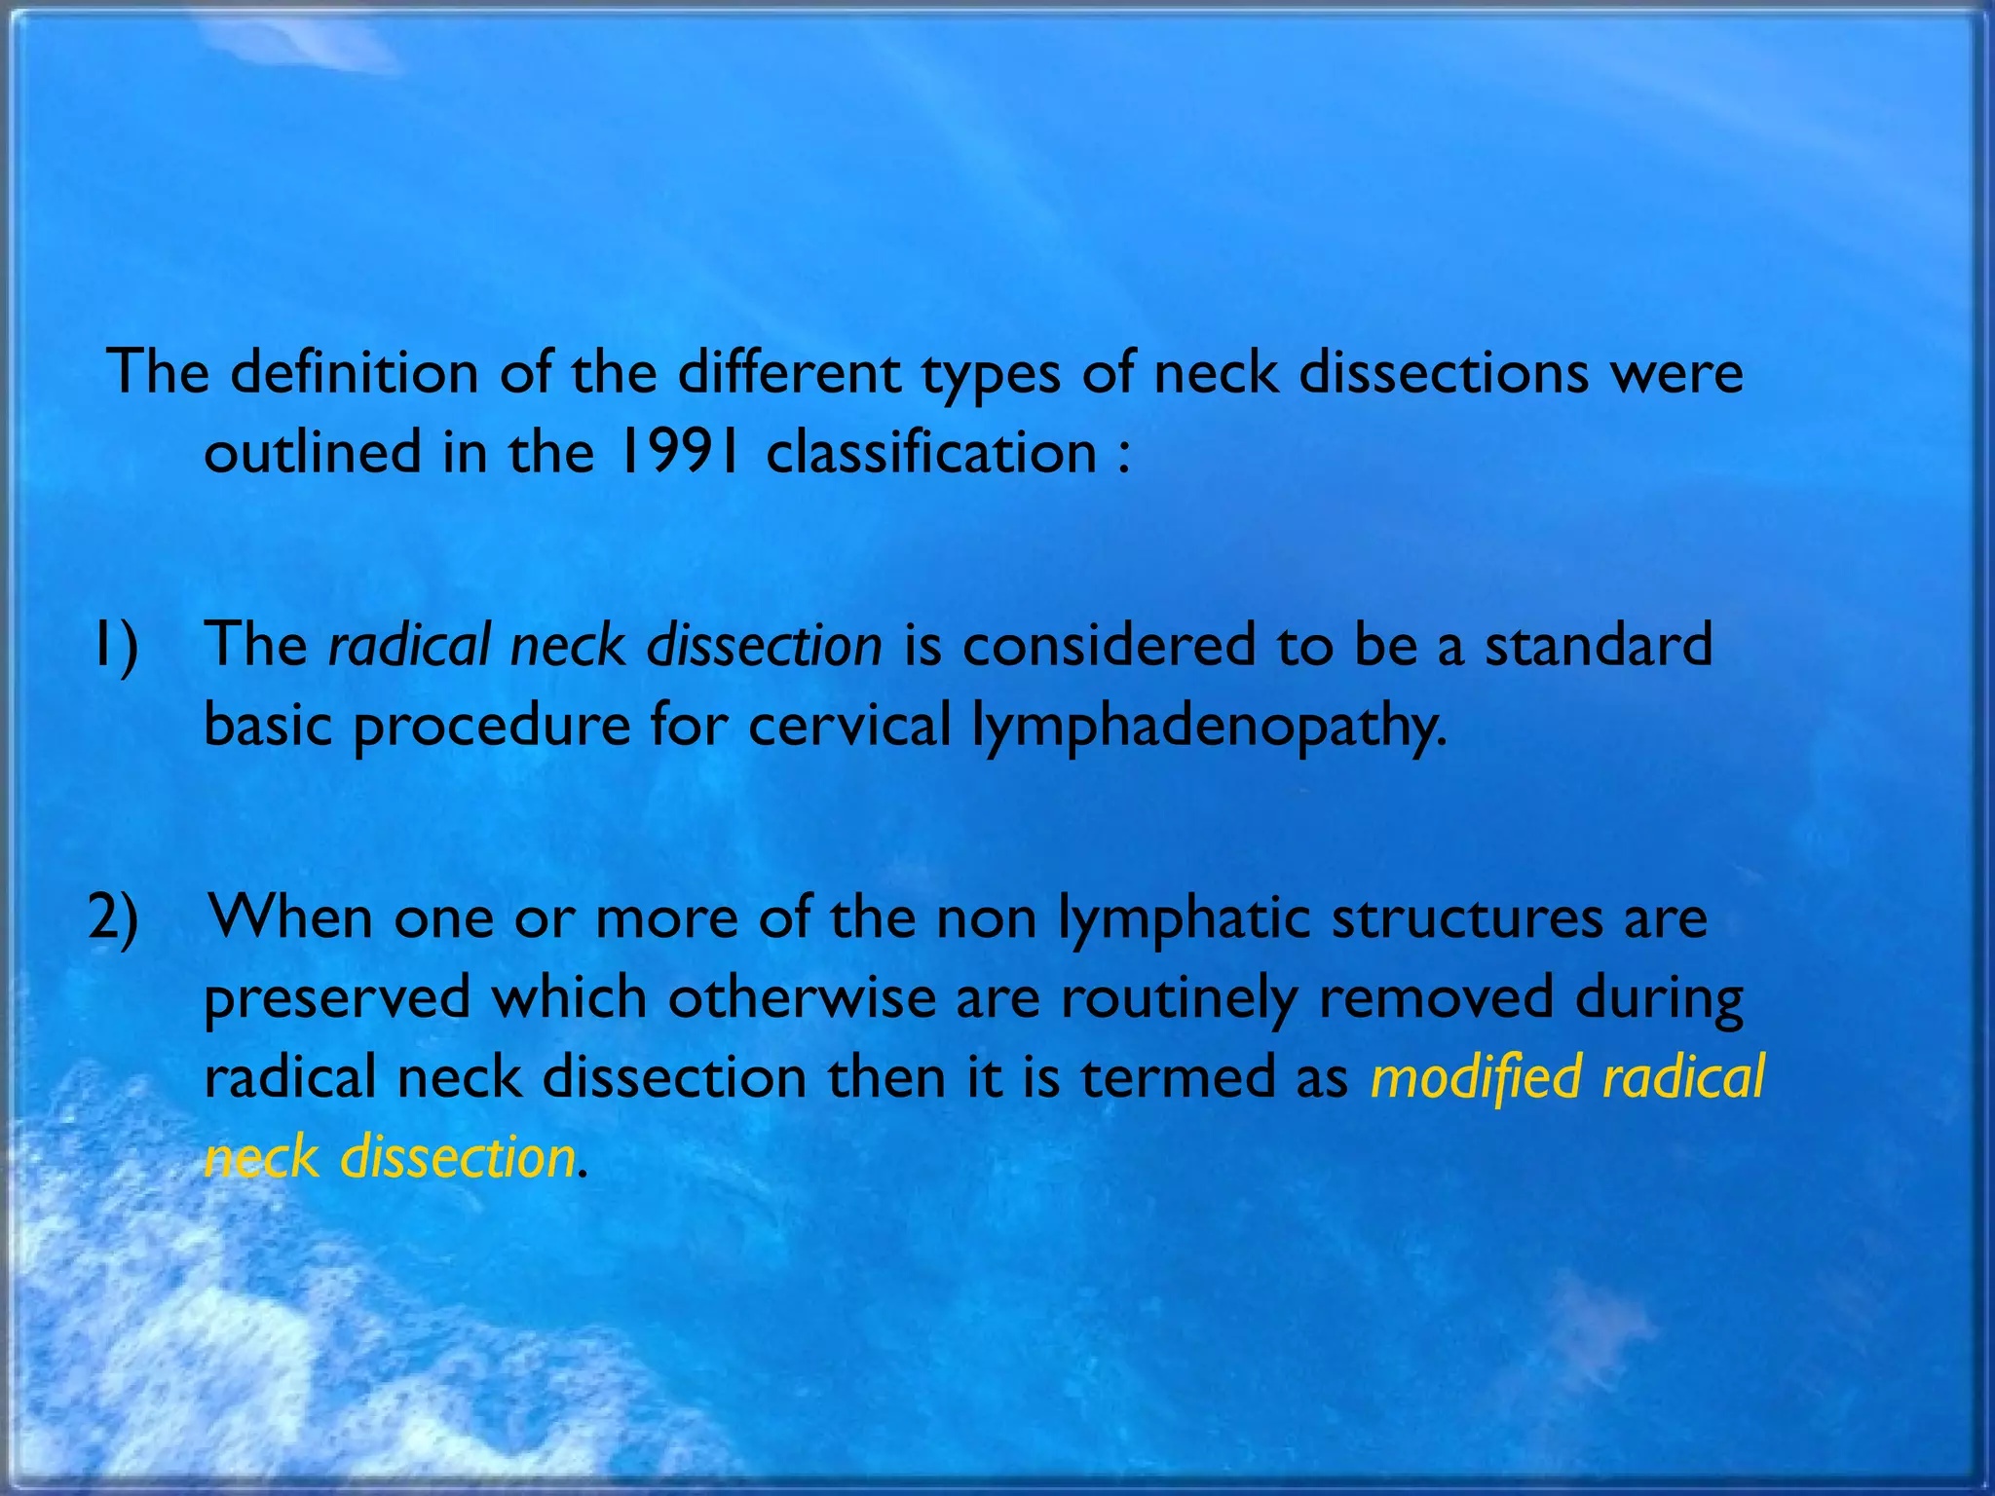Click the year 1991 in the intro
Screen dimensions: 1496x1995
(678, 453)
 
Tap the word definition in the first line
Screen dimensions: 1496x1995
(354, 373)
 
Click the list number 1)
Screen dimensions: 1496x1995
(115, 646)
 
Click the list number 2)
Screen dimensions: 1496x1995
(113, 918)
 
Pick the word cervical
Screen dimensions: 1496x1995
(848, 726)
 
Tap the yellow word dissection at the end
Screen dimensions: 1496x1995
(456, 1158)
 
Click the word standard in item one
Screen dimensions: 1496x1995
(1598, 646)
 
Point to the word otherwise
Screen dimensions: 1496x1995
(801, 998)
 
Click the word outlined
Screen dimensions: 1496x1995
(312, 453)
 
